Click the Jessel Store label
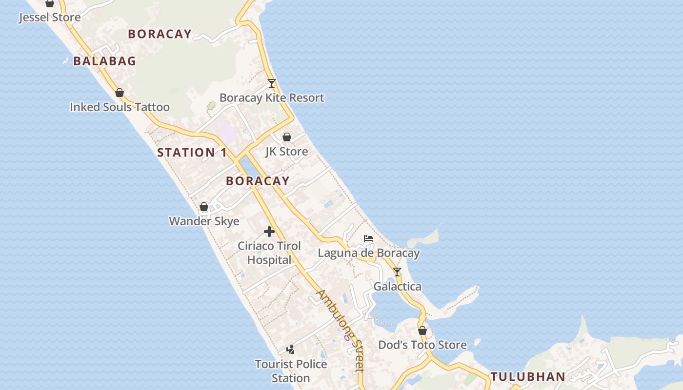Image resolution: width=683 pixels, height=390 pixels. pos(49,18)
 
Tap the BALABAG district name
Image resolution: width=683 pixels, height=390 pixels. pos(104,61)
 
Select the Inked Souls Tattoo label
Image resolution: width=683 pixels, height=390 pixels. pos(120,107)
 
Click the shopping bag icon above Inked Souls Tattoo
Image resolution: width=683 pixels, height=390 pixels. pos(120,93)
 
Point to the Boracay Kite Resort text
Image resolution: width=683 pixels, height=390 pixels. pos(272,97)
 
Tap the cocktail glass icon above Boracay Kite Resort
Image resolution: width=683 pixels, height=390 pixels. pos(272,83)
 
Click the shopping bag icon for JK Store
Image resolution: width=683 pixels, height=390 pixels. pos(287,137)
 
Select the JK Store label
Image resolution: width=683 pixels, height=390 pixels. pos(287,152)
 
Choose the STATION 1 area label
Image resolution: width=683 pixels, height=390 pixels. pos(192,153)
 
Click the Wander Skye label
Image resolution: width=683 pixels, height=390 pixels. pos(204,221)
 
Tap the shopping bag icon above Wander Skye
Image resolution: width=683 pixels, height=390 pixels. pos(204,207)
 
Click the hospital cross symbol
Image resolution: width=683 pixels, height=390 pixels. pos(269,232)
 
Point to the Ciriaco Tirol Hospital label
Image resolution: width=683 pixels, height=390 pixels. pos(269,253)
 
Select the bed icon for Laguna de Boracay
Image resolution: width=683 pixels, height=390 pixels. pos(368,238)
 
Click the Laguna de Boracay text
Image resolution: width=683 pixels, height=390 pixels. pos(368,253)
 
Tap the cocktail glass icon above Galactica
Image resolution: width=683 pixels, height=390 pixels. pos(397,272)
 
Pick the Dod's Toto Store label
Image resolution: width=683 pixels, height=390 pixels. pos(422,345)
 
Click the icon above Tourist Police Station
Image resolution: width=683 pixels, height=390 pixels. pos(291,350)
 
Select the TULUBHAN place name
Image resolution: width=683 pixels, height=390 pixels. pos(527,376)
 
